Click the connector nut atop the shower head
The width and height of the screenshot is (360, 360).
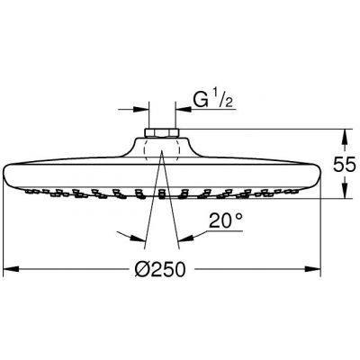click(x=161, y=137)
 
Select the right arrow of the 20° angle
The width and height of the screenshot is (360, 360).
click(x=183, y=239)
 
